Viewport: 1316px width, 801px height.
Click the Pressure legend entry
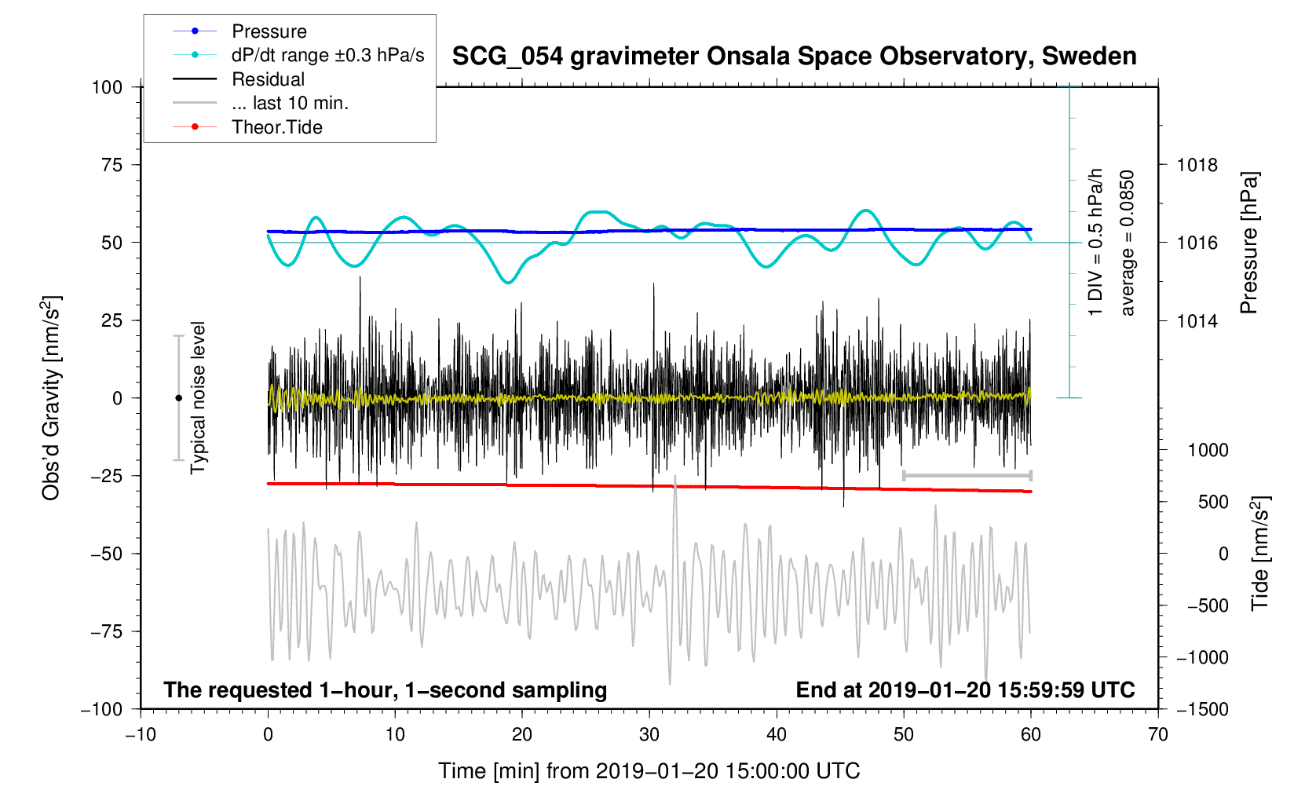[269, 31]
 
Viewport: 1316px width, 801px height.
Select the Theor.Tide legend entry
[276, 127]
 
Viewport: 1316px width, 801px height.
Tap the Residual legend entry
[268, 79]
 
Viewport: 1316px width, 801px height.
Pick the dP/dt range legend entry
[327, 55]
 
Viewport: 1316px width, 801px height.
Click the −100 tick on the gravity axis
[102, 709]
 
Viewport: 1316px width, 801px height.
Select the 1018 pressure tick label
[1197, 165]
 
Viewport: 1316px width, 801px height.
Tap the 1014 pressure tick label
[1197, 320]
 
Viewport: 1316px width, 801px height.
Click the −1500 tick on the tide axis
[1201, 709]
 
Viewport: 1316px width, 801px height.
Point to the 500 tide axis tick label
[1213, 502]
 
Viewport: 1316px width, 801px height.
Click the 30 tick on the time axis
[649, 735]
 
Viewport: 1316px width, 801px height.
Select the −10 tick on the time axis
[141, 735]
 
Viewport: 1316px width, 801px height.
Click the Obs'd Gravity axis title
[52, 398]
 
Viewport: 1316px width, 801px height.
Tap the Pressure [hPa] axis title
[1248, 243]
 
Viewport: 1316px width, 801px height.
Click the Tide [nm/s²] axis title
[1260, 554]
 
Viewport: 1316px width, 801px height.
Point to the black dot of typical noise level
[178, 398]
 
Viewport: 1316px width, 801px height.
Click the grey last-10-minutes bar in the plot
[967, 475]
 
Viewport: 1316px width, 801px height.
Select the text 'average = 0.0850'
[1128, 243]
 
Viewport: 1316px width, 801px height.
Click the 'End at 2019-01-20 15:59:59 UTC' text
[965, 690]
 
